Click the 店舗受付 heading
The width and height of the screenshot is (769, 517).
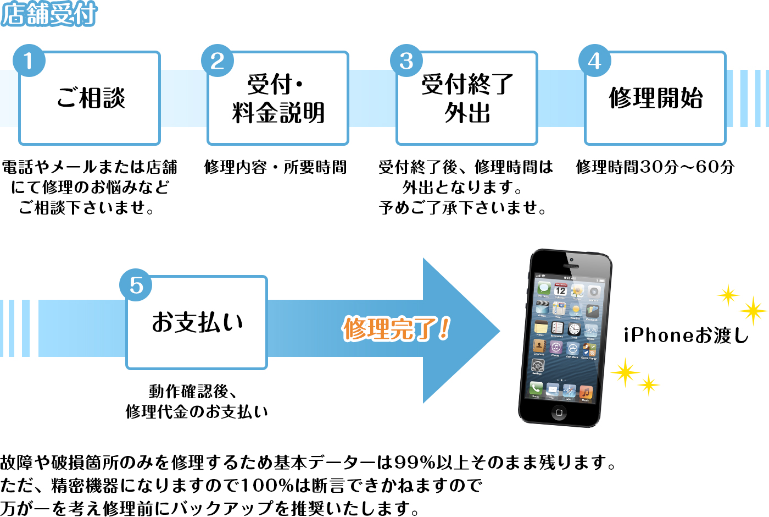click(x=49, y=14)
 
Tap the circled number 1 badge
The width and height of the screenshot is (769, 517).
click(x=29, y=61)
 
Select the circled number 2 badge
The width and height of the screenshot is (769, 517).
click(x=218, y=61)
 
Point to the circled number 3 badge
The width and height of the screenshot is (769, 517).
click(x=406, y=61)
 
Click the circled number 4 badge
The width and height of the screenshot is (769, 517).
click(x=595, y=61)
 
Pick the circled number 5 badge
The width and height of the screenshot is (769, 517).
click(x=136, y=285)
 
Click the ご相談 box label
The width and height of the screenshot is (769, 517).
click(x=91, y=98)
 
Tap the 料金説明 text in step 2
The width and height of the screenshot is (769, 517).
click(x=278, y=113)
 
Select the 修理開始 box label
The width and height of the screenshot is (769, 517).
click(x=656, y=98)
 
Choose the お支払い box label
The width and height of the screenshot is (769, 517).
click(x=197, y=322)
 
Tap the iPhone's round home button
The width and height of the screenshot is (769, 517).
click(x=559, y=412)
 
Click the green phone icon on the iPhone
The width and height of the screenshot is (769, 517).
click(x=536, y=388)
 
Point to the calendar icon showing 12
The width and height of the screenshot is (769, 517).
click(x=561, y=290)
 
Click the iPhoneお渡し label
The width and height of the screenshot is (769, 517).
click(x=686, y=335)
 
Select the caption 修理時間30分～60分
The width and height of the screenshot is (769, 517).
click(x=655, y=167)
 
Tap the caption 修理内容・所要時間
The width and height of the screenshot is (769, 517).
click(x=275, y=167)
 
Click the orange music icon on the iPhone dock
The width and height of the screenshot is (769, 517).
click(x=586, y=392)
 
